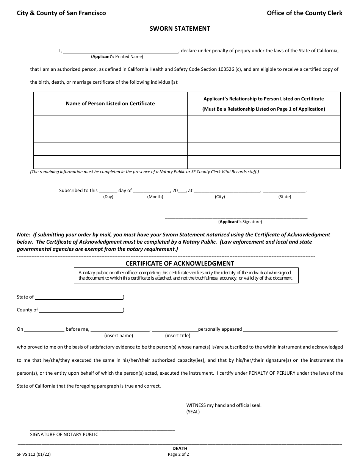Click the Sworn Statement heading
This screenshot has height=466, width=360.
point(180,28)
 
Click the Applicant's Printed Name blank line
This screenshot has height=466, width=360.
point(121,51)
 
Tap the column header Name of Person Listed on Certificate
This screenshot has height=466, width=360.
point(110,103)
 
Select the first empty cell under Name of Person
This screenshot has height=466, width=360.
point(110,122)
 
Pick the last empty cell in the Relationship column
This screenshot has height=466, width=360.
point(264,162)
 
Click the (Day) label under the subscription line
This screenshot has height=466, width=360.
point(108,197)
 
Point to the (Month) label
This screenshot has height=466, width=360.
point(155,197)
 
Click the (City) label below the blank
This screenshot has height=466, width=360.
point(220,197)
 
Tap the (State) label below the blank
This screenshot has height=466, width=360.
point(285,197)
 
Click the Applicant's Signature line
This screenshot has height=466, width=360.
point(236,217)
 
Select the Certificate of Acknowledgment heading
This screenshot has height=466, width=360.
point(180,263)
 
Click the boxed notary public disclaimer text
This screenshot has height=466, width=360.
point(186,275)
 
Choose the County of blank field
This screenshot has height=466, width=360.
point(81,310)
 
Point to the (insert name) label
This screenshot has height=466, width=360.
point(119,336)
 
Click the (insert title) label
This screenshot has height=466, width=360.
point(178,336)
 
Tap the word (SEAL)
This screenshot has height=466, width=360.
point(193,411)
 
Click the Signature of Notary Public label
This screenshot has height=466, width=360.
point(64,435)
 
